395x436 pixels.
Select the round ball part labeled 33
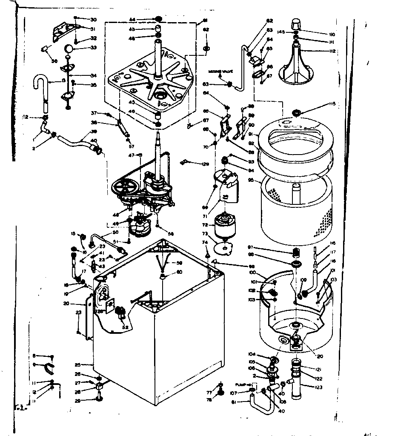click(x=69, y=48)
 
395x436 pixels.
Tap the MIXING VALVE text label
click(x=219, y=71)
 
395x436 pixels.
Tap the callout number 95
click(x=251, y=180)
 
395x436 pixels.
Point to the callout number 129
click(x=206, y=163)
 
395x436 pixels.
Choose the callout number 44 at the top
click(x=132, y=19)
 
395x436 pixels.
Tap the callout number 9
click(x=34, y=365)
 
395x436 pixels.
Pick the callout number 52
click(x=125, y=327)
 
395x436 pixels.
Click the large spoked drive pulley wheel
click(x=124, y=187)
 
